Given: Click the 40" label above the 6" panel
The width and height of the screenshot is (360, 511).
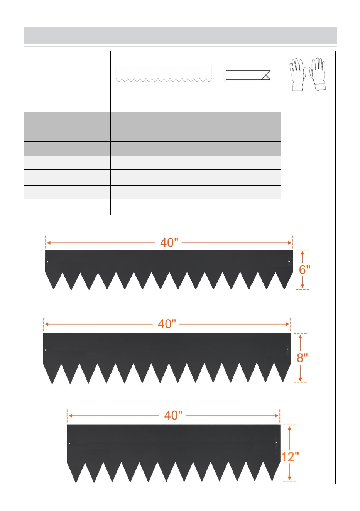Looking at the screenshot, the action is point(169,242).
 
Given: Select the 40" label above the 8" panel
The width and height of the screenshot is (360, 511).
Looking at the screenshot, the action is point(167,324).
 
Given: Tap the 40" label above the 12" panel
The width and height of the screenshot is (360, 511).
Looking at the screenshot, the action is point(173,415).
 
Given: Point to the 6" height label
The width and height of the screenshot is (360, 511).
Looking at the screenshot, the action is point(304,270).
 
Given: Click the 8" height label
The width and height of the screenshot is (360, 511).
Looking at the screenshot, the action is point(302,357).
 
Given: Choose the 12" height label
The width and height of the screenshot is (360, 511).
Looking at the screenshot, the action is point(290,457).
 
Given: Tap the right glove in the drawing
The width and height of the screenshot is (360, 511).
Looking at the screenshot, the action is point(318,74).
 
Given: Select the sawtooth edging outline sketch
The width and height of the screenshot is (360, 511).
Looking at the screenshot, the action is point(164,74).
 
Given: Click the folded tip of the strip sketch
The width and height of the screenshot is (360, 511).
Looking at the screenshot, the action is point(266,75).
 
